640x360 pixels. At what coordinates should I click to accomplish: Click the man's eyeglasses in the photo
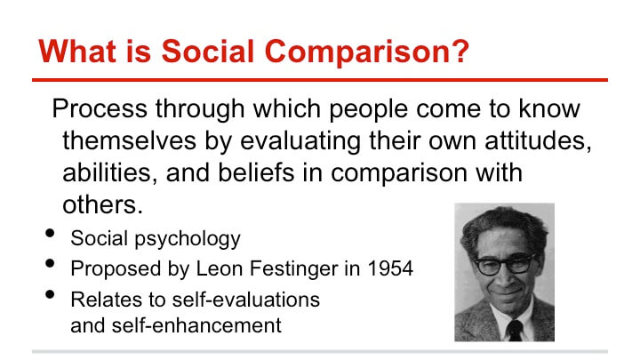pos(504,264)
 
